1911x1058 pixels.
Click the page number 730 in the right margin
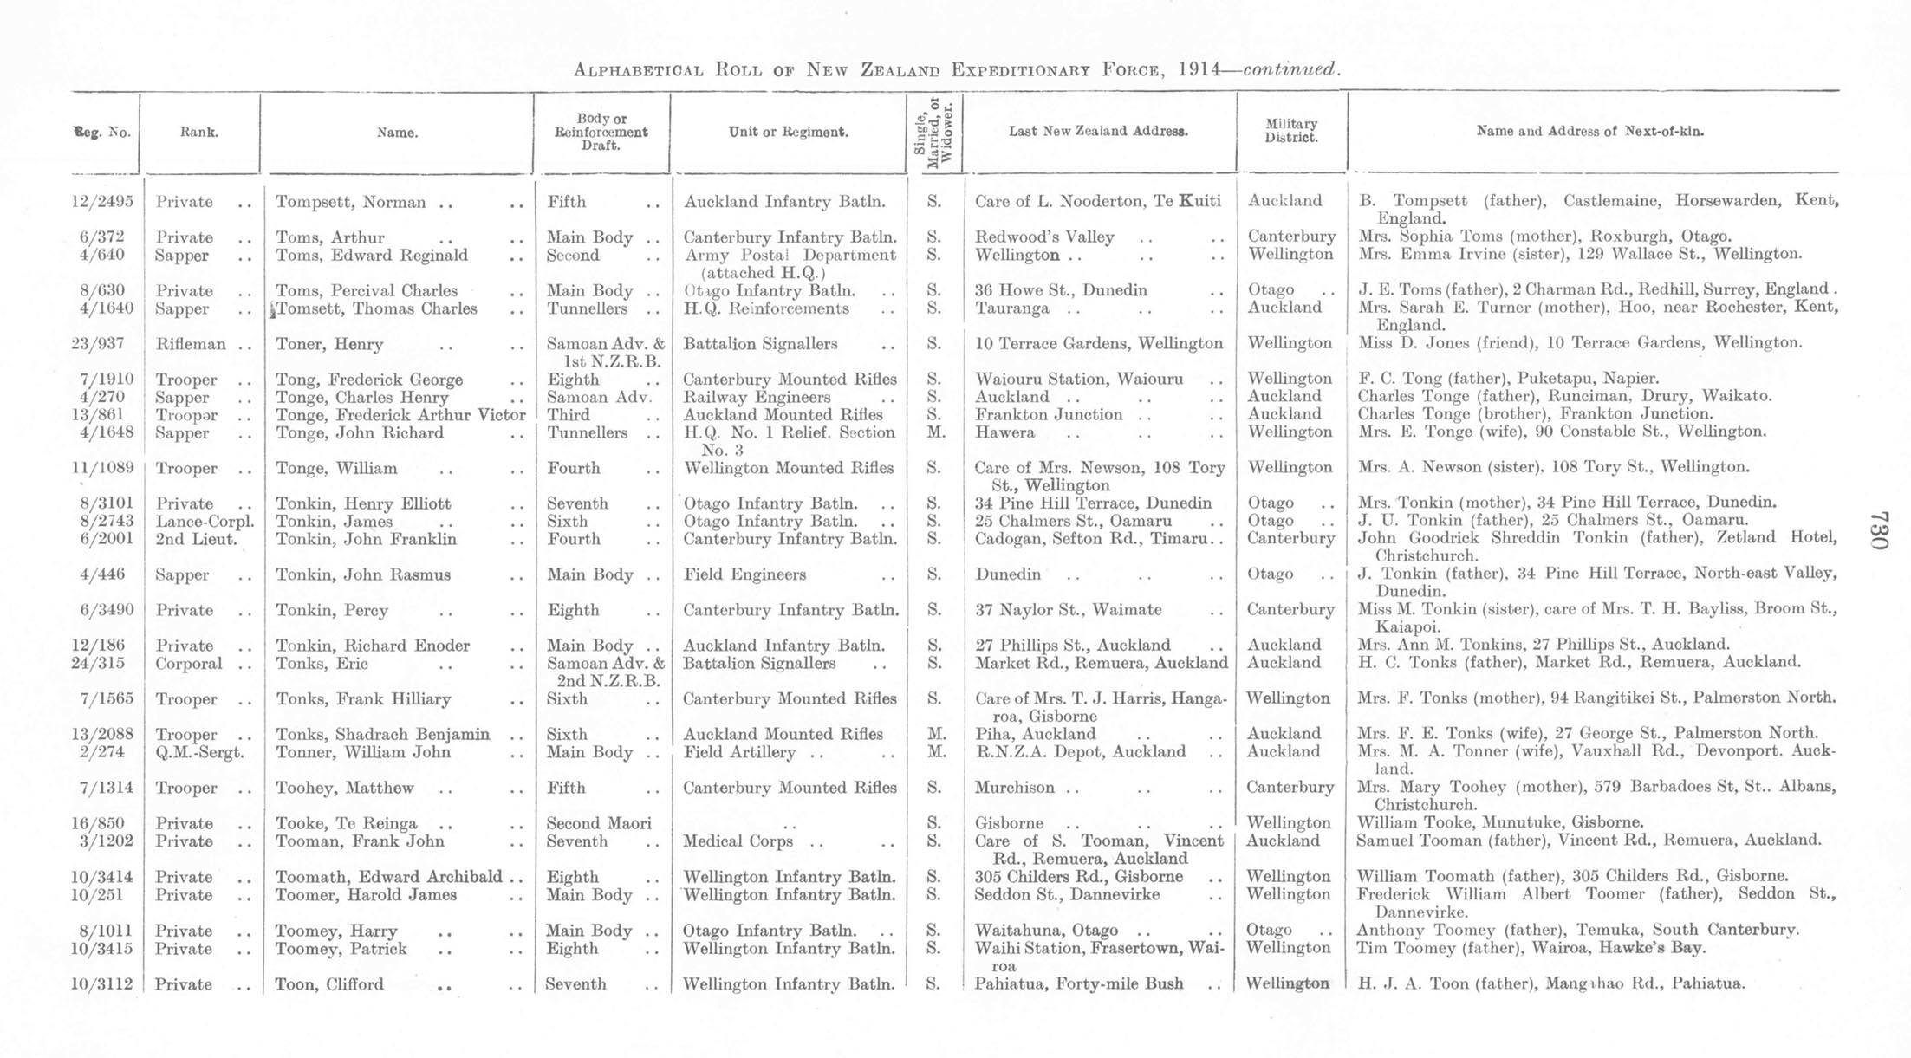pyautogui.click(x=1877, y=529)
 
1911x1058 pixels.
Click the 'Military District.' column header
pyautogui.click(x=1290, y=131)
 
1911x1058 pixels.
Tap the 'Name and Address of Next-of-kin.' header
pyautogui.click(x=1589, y=132)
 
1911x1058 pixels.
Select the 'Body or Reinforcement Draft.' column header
pyautogui.click(x=601, y=132)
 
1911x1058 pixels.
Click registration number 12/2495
pyautogui.click(x=102, y=202)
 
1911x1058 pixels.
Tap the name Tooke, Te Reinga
pyautogui.click(x=346, y=823)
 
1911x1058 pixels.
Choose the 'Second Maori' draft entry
pyautogui.click(x=598, y=823)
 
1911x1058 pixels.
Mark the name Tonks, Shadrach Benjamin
pyautogui.click(x=382, y=734)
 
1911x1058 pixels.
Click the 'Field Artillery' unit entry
pyautogui.click(x=738, y=752)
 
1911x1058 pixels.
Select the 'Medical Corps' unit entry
pyautogui.click(x=738, y=841)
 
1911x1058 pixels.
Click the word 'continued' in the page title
pyautogui.click(x=1290, y=68)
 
